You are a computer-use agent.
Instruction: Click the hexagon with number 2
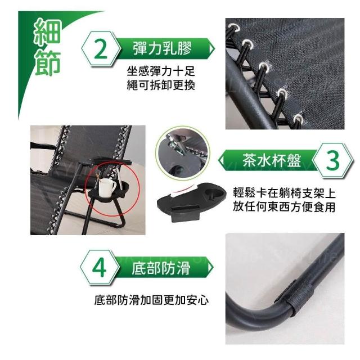101,49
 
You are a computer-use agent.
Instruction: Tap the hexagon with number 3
332,160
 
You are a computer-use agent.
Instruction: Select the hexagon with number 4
100,268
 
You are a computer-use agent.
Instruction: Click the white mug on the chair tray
107,187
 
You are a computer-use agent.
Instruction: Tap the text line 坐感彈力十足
161,71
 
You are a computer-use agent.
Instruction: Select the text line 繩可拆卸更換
161,85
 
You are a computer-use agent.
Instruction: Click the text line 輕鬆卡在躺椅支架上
284,193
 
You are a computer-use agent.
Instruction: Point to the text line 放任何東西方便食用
284,206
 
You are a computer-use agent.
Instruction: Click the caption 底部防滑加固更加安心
151,300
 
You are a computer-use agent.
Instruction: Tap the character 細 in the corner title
48,32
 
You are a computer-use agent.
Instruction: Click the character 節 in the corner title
48,62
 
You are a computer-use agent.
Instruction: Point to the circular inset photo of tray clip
183,153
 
